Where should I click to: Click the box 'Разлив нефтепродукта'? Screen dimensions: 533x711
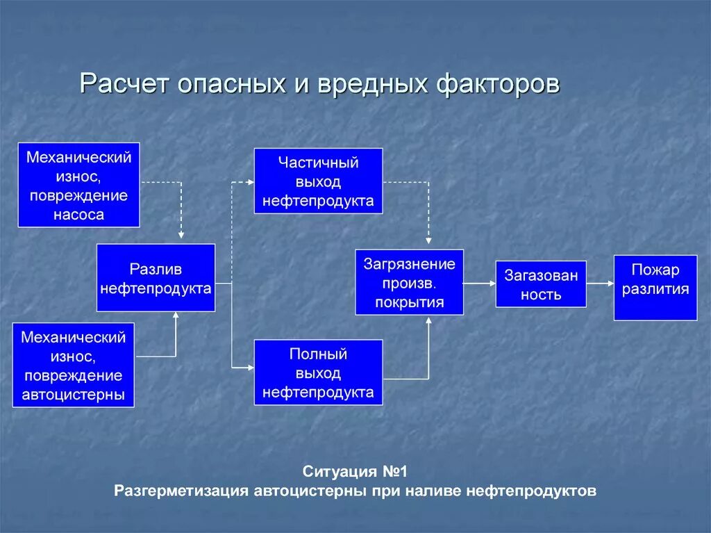156,278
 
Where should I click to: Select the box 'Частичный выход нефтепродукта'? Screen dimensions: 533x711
318,181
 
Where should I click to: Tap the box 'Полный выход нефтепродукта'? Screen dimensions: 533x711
318,372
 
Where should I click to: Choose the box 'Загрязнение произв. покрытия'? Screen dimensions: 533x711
409,282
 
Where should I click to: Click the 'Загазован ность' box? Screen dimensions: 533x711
540,284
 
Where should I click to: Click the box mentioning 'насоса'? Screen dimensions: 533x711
78,186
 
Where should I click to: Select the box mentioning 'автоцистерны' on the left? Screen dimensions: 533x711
73,366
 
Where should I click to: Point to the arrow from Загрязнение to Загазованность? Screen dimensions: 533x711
479,284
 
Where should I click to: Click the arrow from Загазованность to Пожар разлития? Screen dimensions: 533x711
600,284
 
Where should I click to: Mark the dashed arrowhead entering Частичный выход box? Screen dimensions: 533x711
250,182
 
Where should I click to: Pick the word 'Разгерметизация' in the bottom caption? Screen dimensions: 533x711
181,491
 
